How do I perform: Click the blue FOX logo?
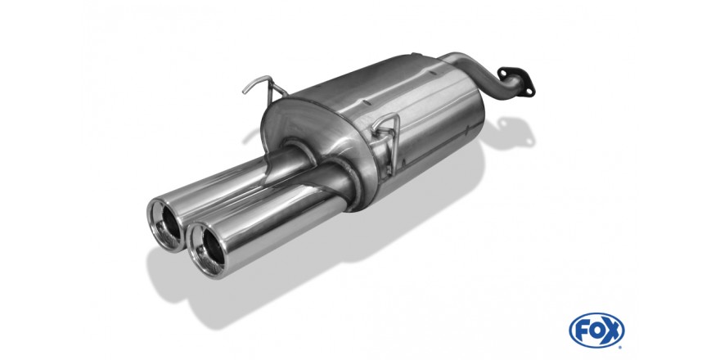click(596, 331)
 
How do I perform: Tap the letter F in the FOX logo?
click(582, 331)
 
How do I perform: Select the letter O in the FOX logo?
click(595, 331)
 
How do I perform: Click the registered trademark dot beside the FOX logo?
click(621, 346)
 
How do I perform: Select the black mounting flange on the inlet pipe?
click(516, 81)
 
